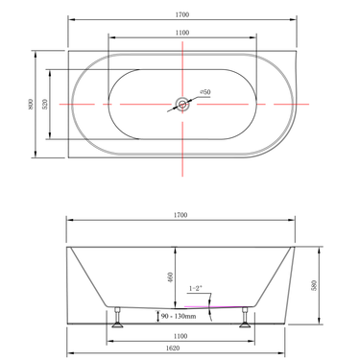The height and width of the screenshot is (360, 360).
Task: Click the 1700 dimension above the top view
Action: pos(181,14)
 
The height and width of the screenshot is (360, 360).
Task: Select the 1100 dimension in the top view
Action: pos(181,33)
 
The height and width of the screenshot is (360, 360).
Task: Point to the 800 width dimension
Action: pos(28,102)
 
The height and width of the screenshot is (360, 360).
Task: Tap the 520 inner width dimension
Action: pos(46,102)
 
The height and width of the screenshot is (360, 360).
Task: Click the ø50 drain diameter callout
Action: pos(205,92)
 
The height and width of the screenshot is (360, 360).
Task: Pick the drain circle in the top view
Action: pos(181,102)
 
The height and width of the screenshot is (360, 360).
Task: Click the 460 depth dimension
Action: pos(169,277)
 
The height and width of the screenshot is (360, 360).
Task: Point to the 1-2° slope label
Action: pos(198,288)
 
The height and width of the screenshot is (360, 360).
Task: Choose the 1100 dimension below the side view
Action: pos(181,335)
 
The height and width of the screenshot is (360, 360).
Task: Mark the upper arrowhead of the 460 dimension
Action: pos(175,249)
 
